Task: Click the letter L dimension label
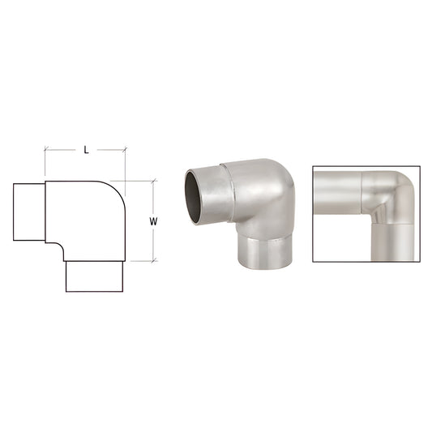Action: pos(85,150)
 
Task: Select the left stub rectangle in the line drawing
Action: pos(28,212)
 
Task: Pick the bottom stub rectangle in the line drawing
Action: pos(93,276)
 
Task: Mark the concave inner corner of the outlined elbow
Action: pos(60,246)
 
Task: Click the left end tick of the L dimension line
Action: pos(45,150)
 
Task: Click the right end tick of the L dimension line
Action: pos(126,150)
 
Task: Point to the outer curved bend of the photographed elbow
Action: pos(280,182)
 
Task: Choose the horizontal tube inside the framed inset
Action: pos(336,195)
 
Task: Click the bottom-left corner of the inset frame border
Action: pos(314,263)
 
